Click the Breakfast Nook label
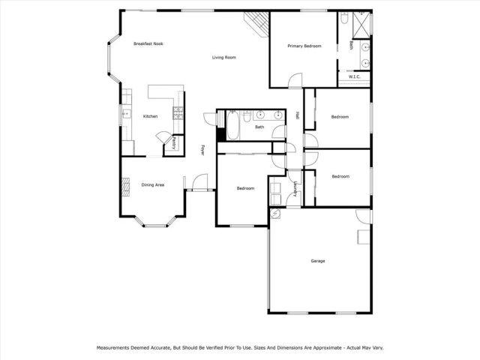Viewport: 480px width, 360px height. [x=148, y=43]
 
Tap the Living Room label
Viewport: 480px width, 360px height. [x=223, y=57]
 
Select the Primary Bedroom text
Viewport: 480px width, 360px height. [x=304, y=46]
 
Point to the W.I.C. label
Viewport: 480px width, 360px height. [x=355, y=76]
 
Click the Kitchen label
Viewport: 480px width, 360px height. [x=150, y=116]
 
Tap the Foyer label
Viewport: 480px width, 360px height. [x=202, y=150]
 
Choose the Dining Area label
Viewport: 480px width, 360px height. [x=153, y=184]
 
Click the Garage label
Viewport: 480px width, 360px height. [x=318, y=261]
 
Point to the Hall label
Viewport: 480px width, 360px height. [x=297, y=115]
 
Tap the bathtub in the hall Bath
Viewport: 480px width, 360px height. [x=232, y=127]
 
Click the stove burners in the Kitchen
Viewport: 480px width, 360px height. [x=178, y=112]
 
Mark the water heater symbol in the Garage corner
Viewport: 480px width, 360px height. [x=275, y=214]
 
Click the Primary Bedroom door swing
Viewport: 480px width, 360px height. [x=295, y=79]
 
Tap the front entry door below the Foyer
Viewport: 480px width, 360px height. [x=199, y=182]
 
